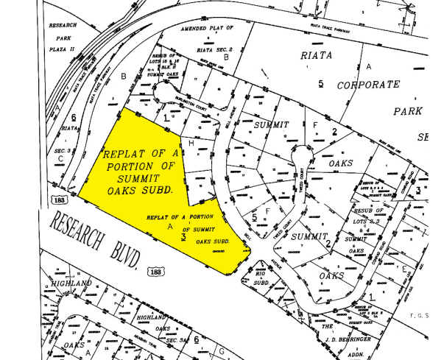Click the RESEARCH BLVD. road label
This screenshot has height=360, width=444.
[x=96, y=239]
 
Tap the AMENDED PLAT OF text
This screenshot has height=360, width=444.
[x=207, y=28]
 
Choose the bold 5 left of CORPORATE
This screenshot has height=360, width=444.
[x=320, y=82]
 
